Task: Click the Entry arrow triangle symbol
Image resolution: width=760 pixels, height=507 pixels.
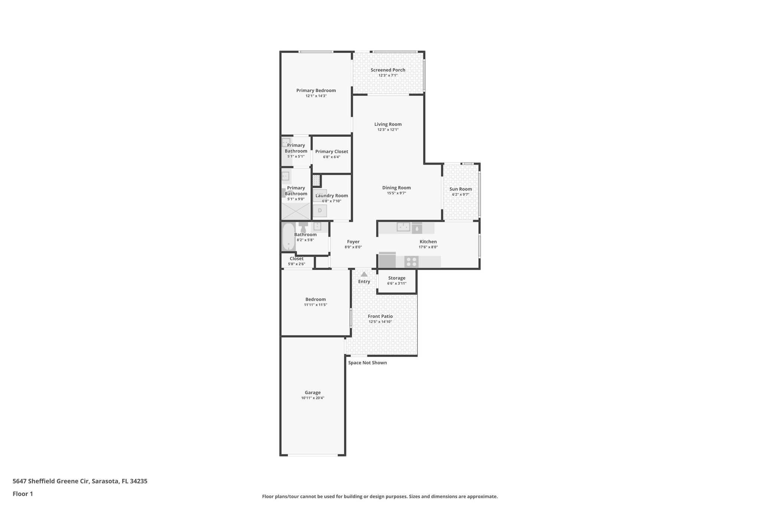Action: click(364, 274)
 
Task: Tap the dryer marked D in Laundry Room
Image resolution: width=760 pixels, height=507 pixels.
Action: click(320, 211)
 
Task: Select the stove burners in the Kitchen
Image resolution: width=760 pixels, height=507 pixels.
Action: click(411, 261)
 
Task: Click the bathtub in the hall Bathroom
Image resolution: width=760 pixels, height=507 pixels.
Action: click(288, 237)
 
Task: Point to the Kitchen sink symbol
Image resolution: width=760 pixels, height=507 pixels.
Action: click(403, 227)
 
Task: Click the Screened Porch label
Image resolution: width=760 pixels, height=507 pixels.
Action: click(388, 70)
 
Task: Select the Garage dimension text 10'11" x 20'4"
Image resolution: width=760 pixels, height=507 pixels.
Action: click(312, 398)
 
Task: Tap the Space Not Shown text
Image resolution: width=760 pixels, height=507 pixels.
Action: click(367, 363)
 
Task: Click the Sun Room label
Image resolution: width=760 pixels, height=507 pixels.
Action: click(461, 189)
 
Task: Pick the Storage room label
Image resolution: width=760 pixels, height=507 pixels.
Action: click(396, 278)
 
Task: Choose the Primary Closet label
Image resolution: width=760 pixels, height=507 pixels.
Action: click(331, 151)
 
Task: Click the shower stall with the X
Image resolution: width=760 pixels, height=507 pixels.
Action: click(295, 211)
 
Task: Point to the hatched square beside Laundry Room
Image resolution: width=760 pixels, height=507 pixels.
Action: click(316, 181)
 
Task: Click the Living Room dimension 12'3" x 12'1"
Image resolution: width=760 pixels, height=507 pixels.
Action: click(388, 130)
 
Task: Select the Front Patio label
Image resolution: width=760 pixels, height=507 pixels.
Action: click(380, 316)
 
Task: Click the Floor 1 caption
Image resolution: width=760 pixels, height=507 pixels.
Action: click(23, 494)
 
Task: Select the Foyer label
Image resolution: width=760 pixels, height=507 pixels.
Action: click(353, 241)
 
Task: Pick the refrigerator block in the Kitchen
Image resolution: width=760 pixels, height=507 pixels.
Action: click(387, 260)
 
